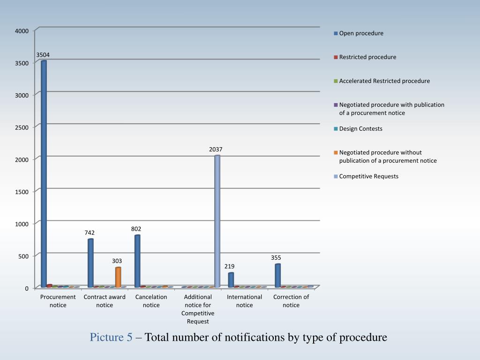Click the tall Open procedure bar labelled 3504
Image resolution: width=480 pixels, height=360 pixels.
pos(44,173)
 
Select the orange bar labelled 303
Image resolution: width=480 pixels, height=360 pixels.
pos(118,277)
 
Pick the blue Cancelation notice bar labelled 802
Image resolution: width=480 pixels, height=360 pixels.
pos(137,261)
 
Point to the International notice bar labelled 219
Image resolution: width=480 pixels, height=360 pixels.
pos(231,280)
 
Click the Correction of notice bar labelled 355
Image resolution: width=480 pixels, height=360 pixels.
pos(277,276)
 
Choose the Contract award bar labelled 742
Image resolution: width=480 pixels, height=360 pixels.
pos(90,263)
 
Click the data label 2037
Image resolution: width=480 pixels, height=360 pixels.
pos(216,150)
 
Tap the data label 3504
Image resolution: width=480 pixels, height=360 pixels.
pos(43,55)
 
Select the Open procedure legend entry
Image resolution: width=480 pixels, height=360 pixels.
pos(361,33)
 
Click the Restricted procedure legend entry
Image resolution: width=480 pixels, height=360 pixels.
pos(367,57)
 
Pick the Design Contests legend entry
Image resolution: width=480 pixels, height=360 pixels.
pos(360,129)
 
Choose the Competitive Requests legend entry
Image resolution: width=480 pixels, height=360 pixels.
pos(368,176)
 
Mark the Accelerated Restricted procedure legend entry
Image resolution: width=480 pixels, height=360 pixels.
pos(384,81)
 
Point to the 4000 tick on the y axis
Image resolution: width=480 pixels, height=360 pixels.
pos(22,31)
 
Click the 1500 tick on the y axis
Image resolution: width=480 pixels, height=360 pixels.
pos(22,192)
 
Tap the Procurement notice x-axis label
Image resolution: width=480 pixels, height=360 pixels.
pos(58,301)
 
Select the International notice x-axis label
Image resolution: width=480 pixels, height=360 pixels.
pos(244,301)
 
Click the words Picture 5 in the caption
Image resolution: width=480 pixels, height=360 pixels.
pos(111,337)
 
